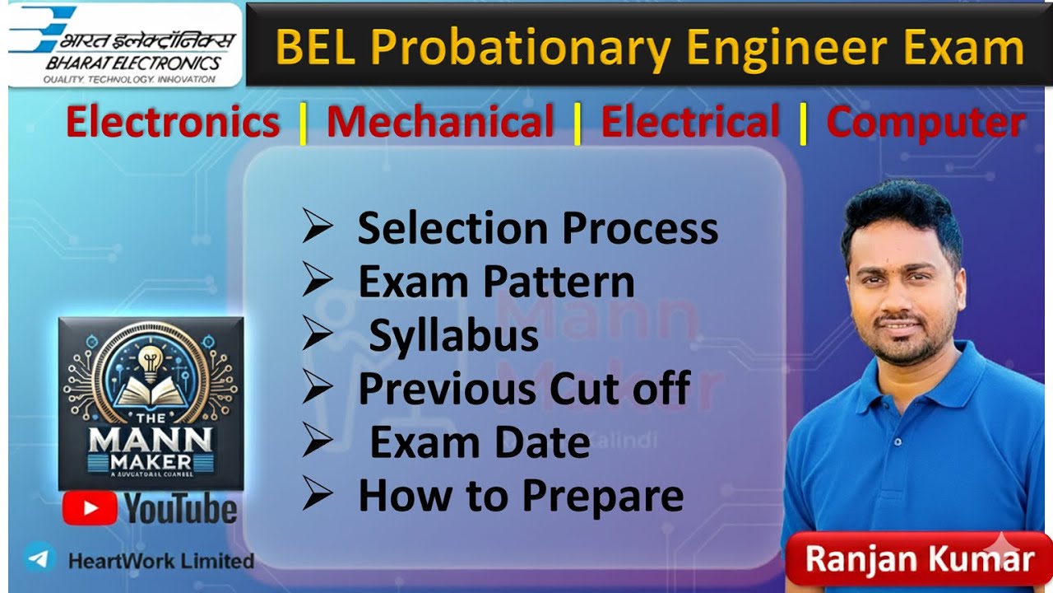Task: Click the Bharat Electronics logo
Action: (123, 45)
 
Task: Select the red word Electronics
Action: (173, 123)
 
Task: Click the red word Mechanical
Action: (440, 123)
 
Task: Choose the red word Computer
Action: (925, 123)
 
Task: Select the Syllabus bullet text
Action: (453, 336)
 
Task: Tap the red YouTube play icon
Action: (89, 508)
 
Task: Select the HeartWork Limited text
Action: (160, 561)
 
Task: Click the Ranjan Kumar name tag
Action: (919, 559)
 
